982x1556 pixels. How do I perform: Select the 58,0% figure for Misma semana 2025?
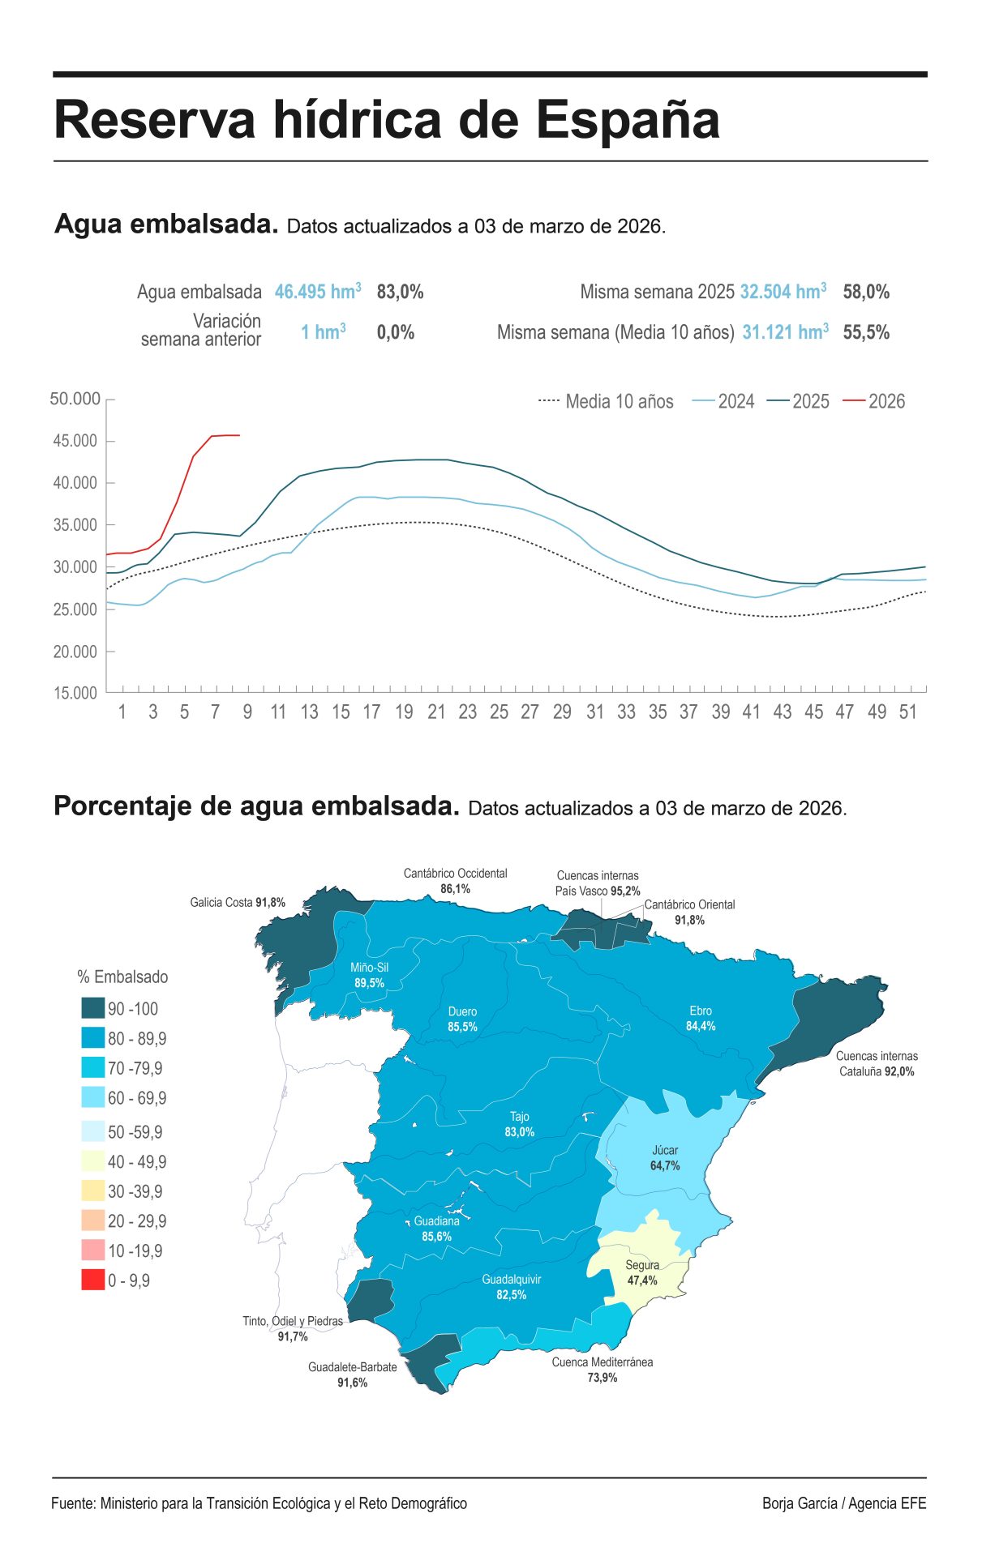coord(866,292)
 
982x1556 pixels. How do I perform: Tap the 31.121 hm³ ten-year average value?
coord(785,332)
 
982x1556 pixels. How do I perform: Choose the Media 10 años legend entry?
coord(606,401)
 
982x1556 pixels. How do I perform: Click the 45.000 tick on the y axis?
coord(75,441)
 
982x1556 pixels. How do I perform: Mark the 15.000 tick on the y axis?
coord(75,693)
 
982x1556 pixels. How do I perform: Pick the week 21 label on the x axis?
coord(436,712)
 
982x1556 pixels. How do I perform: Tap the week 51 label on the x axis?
coord(907,712)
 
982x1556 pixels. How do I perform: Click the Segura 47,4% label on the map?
coord(642,1272)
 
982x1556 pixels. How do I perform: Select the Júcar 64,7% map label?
coord(665,1158)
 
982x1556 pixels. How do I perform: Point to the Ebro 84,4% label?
coord(701,1019)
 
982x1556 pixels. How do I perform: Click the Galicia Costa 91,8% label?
coord(238,902)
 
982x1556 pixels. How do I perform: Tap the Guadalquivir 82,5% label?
coord(511,1287)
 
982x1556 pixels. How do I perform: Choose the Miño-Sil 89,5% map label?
coord(369,975)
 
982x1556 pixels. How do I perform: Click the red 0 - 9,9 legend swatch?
coord(93,1280)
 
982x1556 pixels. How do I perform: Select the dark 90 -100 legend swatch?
coord(93,1008)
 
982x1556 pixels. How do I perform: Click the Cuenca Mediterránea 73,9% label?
coord(602,1370)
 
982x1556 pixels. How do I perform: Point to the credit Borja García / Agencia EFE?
coord(843,1503)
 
